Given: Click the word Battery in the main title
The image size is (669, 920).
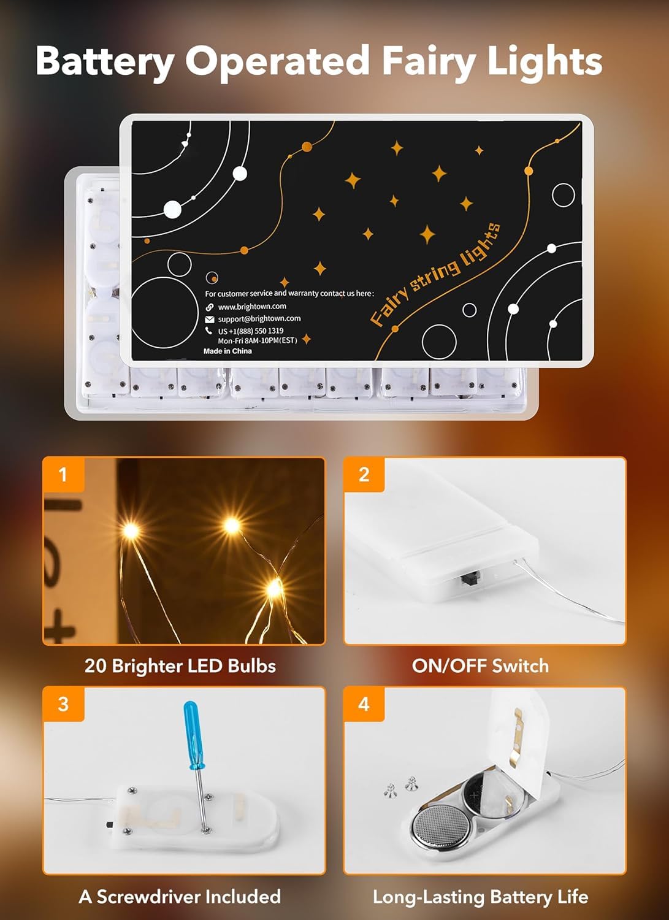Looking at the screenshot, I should point(105,61).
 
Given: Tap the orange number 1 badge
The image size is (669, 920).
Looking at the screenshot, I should point(63,474).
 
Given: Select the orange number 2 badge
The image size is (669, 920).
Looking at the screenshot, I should point(364,474).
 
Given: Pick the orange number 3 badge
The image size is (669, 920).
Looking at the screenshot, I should point(63,703).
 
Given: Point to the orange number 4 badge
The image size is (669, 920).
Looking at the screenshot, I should point(364,703).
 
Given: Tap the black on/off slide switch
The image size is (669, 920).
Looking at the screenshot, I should point(471,578).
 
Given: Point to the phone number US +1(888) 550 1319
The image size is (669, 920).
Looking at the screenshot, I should point(251,331).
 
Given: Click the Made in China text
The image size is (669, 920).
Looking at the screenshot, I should point(227,351).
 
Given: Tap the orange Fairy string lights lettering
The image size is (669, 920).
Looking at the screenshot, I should point(435,274).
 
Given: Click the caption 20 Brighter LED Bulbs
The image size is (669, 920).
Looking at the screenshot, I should point(180,666).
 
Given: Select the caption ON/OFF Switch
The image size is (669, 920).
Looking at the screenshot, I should point(480,666).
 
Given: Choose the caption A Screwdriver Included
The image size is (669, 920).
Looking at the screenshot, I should point(180,897).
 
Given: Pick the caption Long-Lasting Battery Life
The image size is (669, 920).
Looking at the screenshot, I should point(480,897).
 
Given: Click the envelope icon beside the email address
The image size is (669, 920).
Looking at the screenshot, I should point(210,319).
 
